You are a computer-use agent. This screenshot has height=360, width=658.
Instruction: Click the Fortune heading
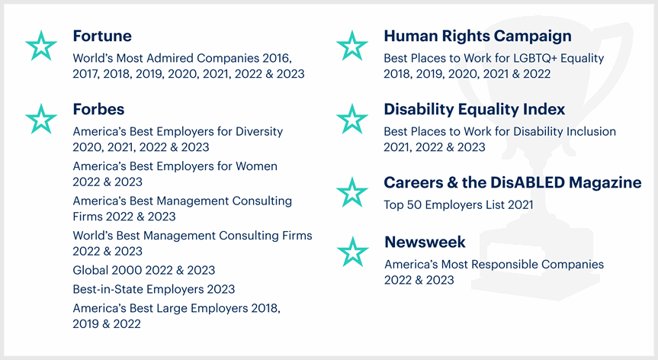point(102,36)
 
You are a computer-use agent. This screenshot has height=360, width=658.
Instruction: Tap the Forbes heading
point(98,110)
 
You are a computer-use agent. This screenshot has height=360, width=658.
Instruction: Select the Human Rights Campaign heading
point(477,37)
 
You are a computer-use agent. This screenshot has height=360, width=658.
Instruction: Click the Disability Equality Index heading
point(474,110)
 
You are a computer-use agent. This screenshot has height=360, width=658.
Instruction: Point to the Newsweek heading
point(425,242)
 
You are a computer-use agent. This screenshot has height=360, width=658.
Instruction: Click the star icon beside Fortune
point(41,46)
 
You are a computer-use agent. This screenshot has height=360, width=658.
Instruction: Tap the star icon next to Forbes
point(41,119)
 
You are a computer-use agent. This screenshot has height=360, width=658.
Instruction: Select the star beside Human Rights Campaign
point(352,46)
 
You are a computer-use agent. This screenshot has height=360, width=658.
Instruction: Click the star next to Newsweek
point(353,252)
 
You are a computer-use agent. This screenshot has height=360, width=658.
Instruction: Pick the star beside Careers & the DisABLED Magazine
point(352,192)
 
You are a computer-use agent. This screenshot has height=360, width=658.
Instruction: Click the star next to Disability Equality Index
point(352,119)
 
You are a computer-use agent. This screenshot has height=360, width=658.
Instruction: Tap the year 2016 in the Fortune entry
point(277,58)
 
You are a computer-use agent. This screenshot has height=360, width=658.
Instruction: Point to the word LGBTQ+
point(531,58)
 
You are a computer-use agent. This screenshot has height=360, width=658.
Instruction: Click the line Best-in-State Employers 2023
point(153,289)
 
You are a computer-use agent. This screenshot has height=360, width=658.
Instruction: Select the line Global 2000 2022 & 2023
point(144,270)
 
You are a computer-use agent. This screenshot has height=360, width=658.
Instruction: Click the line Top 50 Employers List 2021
point(458,204)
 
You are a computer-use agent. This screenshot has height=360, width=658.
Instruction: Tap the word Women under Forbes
point(256,166)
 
